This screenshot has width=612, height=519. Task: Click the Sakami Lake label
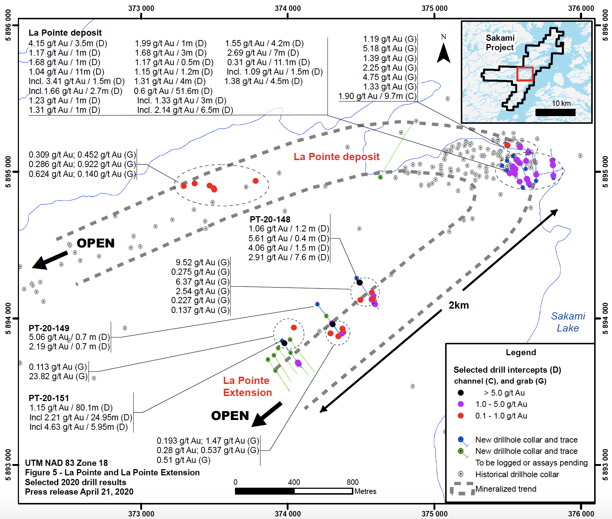point(568,322)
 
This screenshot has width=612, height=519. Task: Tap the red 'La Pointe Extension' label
point(248,387)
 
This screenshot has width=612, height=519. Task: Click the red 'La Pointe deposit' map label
point(337,157)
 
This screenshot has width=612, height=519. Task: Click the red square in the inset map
point(525,74)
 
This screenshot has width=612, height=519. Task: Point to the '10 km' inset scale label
point(561,103)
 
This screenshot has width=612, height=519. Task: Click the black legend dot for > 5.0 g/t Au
point(461,393)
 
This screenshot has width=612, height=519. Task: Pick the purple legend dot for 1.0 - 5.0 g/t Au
point(461,404)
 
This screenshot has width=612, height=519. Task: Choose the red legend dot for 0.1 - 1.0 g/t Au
point(461,416)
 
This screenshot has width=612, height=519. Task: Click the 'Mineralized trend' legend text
point(506,489)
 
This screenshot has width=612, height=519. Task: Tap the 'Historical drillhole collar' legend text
point(517,475)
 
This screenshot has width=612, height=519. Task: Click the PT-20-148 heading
point(270,219)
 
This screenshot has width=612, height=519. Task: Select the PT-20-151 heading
point(49,398)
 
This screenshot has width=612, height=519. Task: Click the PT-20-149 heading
point(49,328)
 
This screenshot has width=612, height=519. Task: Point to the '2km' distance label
point(459,305)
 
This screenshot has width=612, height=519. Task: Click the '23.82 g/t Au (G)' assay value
point(58,376)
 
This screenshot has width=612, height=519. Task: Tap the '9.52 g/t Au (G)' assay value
point(203,262)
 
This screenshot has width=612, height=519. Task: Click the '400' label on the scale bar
point(294,482)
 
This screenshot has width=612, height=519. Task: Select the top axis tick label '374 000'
point(288,8)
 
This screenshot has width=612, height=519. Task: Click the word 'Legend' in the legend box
point(521,352)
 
